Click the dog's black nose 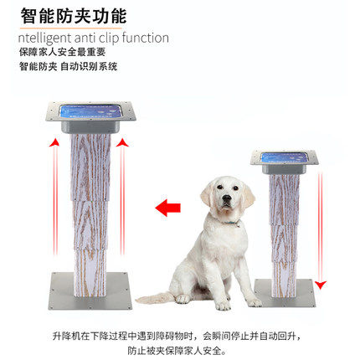[227, 198]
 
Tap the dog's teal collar [232, 223]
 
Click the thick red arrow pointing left [167, 208]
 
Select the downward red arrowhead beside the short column [321, 285]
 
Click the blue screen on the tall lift [91, 111]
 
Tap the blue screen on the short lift [285, 157]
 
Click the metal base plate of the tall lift [90, 291]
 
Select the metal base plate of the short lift [285, 292]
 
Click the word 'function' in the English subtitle [146, 38]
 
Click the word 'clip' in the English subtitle [109, 39]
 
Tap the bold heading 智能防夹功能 [74, 16]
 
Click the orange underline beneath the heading [71, 28]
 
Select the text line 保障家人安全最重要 [63, 52]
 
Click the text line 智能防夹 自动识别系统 [69, 66]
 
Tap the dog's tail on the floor [153, 297]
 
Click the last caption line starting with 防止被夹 [177, 351]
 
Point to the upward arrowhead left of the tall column [54, 142]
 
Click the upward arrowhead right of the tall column [122, 142]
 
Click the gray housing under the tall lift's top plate [90, 127]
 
